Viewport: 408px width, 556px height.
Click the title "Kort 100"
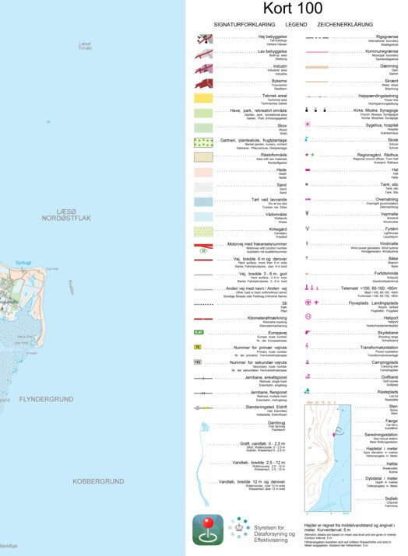pos(292,9)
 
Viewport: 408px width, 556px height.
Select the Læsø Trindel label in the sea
pos(85,46)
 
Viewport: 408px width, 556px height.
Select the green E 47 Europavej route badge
pos(199,332)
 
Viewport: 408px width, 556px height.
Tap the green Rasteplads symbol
pos(308,390)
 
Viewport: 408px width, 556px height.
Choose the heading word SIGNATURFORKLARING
pos(239,25)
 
